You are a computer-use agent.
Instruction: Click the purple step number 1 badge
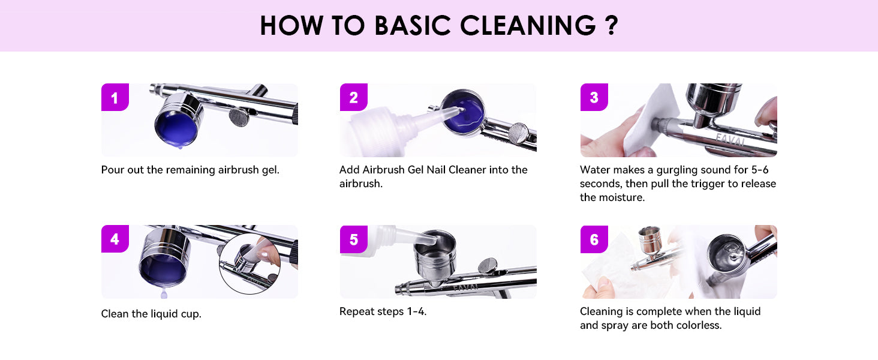click(x=115, y=97)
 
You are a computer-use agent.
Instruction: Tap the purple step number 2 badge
click(x=354, y=97)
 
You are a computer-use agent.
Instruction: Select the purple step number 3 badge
click(x=594, y=97)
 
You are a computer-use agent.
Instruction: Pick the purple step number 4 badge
click(x=115, y=238)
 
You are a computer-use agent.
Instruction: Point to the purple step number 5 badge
click(x=354, y=239)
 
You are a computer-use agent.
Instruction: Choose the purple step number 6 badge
click(x=594, y=239)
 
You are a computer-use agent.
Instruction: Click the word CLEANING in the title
click(x=528, y=26)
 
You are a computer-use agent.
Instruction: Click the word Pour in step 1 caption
click(x=113, y=170)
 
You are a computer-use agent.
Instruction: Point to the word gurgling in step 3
click(x=677, y=170)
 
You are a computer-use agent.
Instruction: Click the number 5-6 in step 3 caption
click(x=760, y=170)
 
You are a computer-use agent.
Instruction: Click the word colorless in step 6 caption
click(x=697, y=325)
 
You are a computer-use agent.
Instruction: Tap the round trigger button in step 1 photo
click(x=239, y=117)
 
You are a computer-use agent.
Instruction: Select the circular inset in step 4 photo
click(x=249, y=264)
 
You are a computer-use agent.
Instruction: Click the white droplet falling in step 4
click(x=164, y=293)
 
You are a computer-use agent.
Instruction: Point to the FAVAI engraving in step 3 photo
click(x=730, y=140)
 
